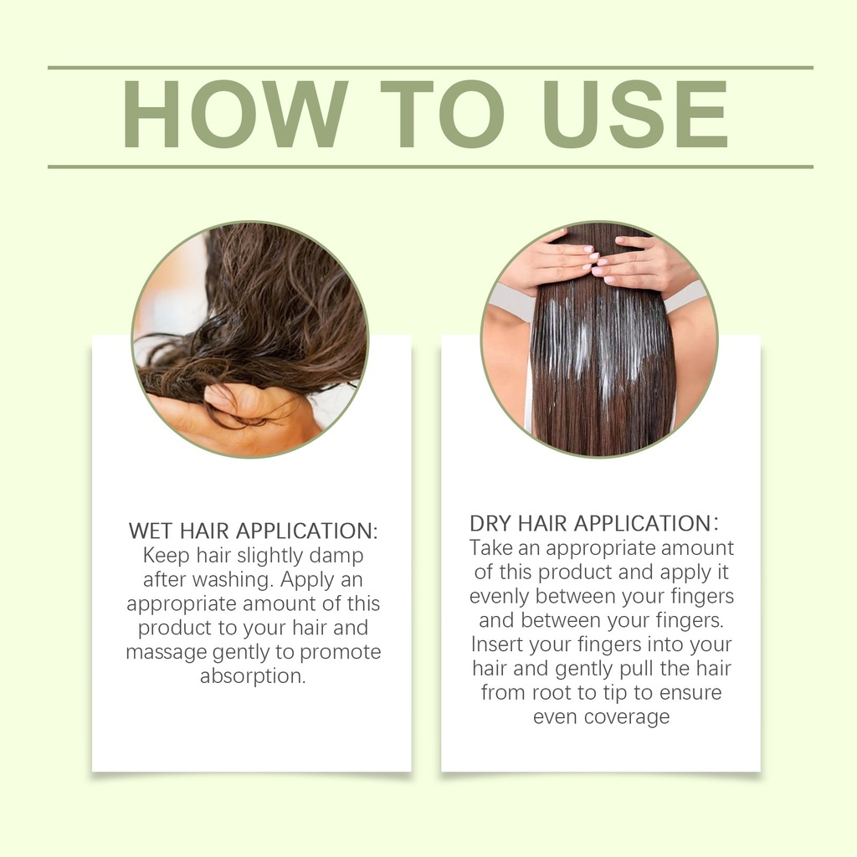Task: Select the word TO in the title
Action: [443, 114]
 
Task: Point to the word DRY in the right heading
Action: [490, 524]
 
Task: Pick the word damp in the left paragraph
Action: [336, 557]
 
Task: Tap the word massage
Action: [167, 653]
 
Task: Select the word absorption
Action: [253, 676]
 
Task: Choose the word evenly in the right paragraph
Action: [499, 597]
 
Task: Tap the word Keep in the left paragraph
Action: [167, 557]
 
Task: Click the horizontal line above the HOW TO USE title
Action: [431, 68]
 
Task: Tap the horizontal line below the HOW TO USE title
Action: [431, 167]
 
